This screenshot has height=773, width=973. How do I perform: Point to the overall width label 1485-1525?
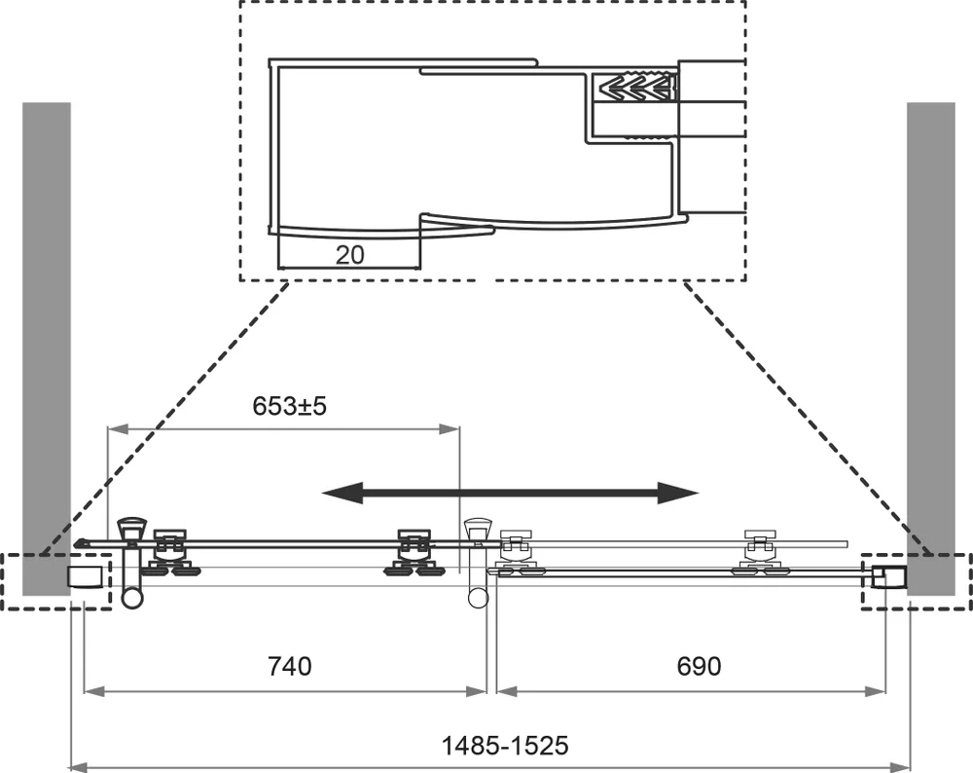pyautogui.click(x=505, y=746)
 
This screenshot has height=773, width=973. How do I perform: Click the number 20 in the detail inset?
pyautogui.click(x=349, y=255)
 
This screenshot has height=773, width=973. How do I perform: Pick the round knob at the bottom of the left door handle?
pyautogui.click(x=132, y=594)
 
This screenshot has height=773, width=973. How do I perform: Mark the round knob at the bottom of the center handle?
pyautogui.click(x=476, y=594)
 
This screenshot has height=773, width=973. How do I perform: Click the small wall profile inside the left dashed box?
pyautogui.click(x=87, y=575)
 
